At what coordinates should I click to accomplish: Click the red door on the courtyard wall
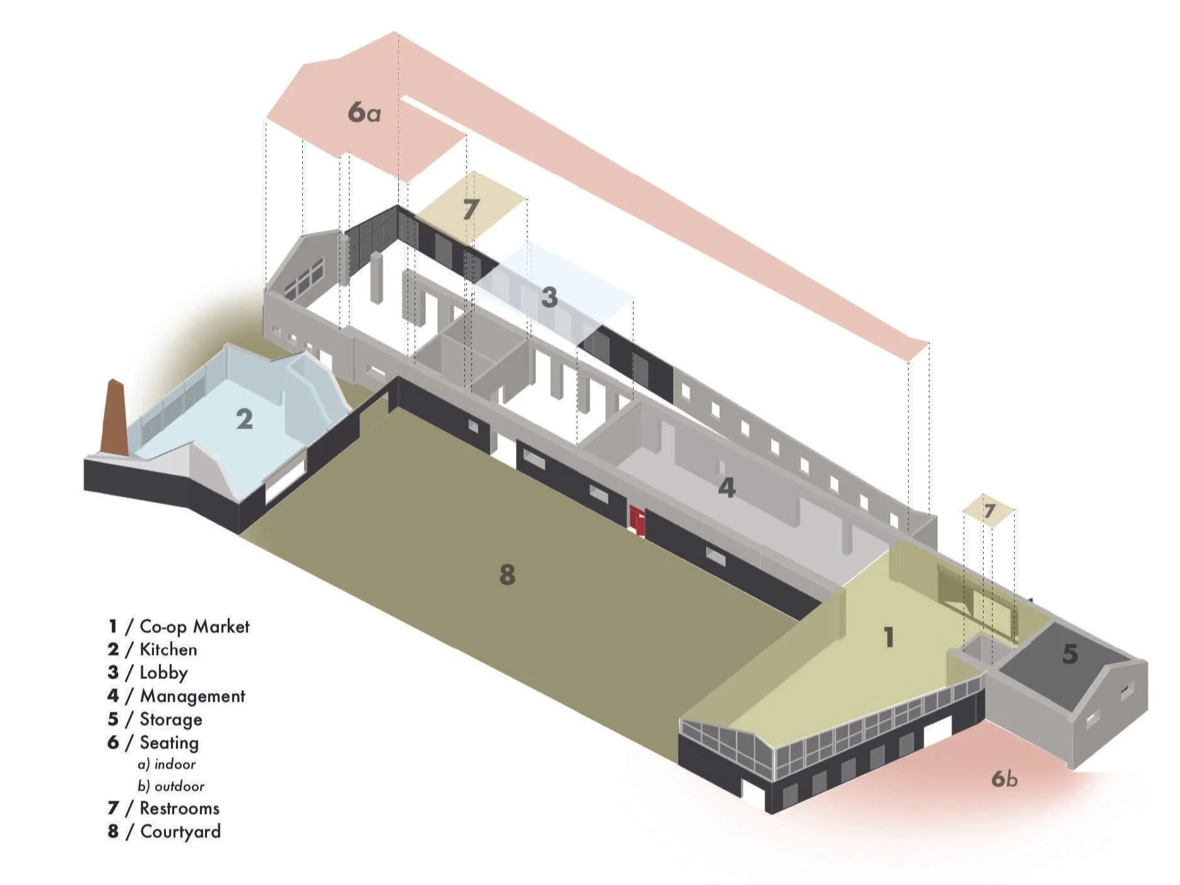638,520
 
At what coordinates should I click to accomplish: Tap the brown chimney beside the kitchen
116,416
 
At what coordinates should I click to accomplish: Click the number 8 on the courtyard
507,575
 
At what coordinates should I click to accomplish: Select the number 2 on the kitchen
244,419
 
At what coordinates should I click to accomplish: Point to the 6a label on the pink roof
364,112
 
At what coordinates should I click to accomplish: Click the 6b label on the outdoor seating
1004,779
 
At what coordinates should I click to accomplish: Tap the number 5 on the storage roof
1070,654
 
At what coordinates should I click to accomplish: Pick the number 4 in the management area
727,488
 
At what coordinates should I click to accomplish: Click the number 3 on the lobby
549,297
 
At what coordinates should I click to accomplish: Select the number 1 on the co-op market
888,637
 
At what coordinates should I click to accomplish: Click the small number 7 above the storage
989,510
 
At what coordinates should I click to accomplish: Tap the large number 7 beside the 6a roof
471,209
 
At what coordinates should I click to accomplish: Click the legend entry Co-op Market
194,626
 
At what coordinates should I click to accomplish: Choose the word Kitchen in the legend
168,650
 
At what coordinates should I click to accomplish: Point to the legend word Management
192,696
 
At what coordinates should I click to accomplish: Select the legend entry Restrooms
179,808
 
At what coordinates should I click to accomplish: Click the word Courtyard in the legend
180,831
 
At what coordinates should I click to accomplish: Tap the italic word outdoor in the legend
179,786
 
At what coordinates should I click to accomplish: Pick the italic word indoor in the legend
175,764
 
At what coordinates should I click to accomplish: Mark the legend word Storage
170,719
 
